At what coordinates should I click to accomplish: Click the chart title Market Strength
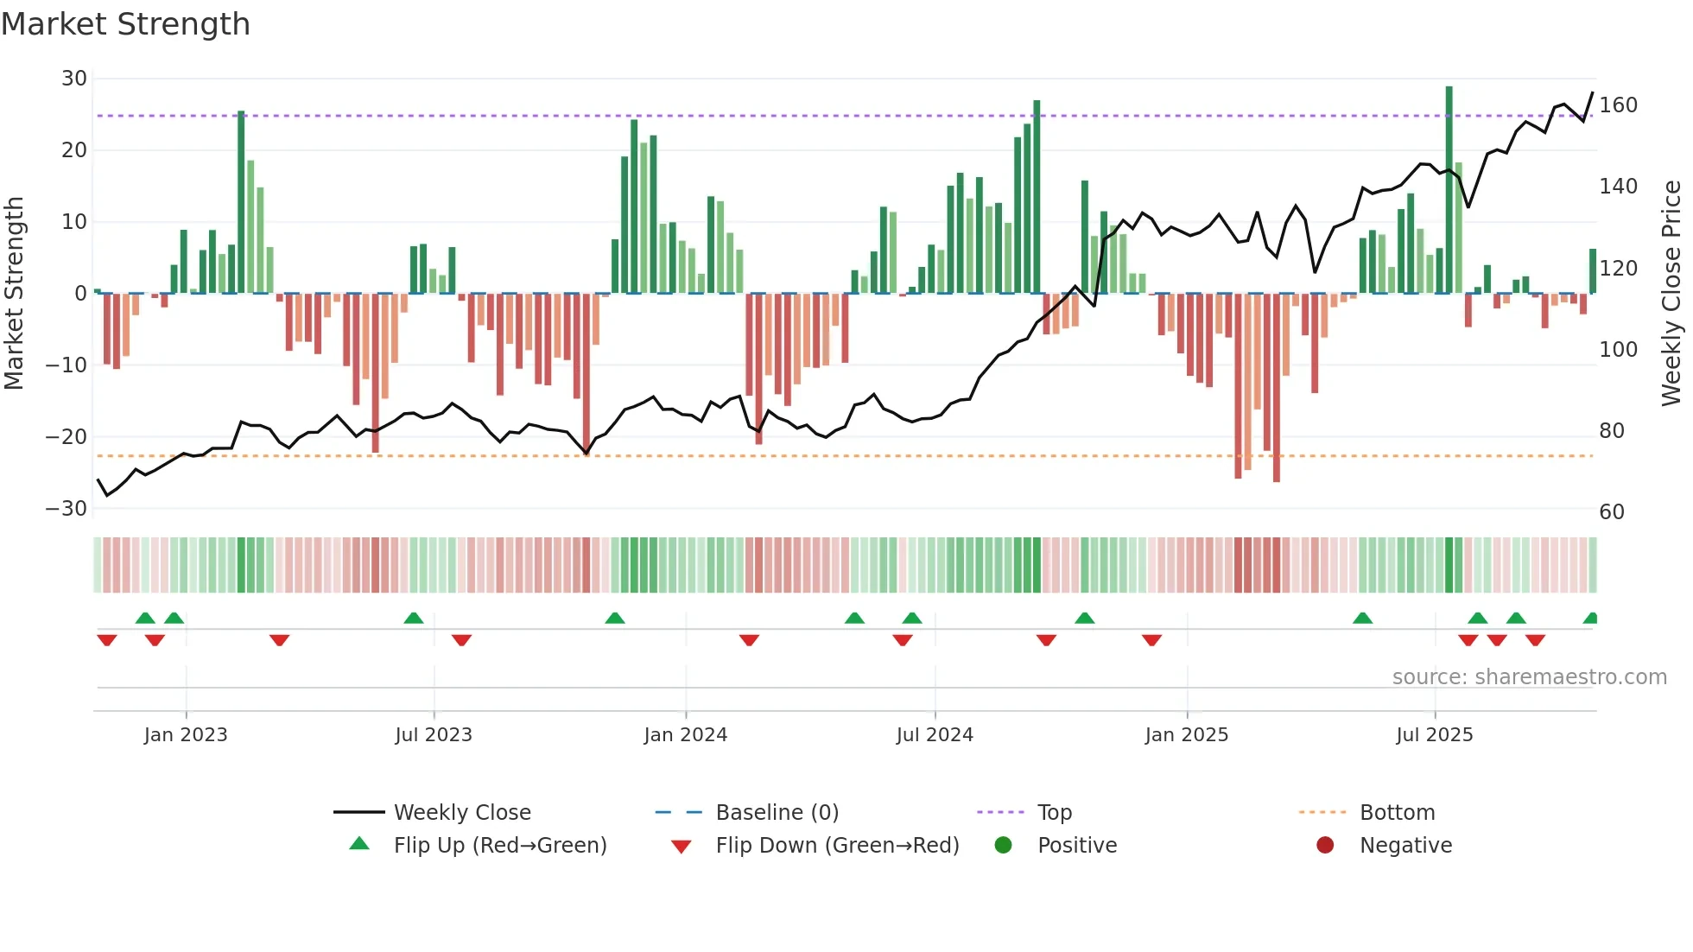125,24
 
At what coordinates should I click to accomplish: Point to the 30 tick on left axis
74,79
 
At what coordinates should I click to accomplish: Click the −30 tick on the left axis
67,509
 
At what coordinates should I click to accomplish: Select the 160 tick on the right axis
1618,105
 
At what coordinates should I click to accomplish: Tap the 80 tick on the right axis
1611,431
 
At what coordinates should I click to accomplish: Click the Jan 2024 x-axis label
685,735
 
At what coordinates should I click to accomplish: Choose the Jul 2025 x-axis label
1434,735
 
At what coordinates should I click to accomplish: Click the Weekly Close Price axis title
1671,294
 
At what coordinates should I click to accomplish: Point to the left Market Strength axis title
14,294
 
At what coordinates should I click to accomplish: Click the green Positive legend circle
1003,845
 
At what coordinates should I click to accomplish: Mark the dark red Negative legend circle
1325,845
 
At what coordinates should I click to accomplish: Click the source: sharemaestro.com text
1529,677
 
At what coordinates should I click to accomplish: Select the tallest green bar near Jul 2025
1449,190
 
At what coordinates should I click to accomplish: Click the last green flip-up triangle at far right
1590,619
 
